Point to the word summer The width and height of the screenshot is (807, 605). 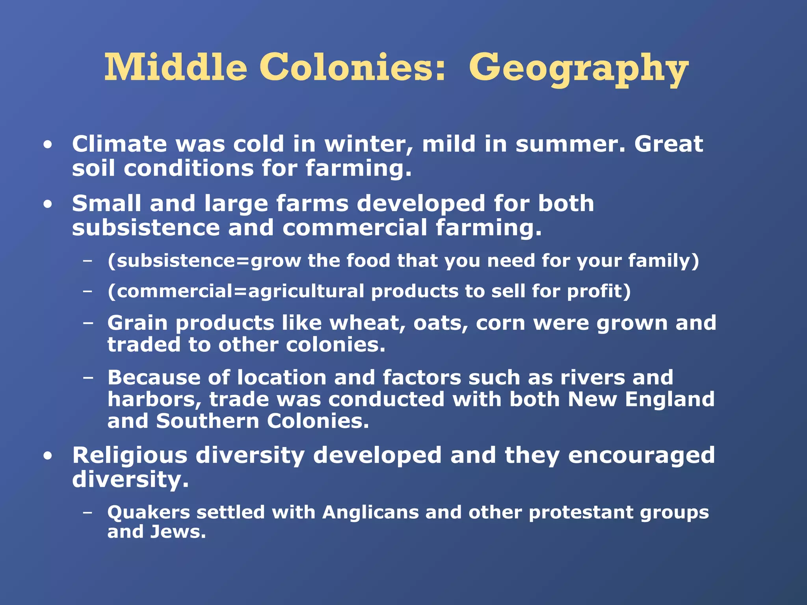pyautogui.click(x=570, y=145)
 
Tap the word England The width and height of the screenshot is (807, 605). pyautogui.click(x=669, y=400)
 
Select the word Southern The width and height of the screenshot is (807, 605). pyautogui.click(x=207, y=421)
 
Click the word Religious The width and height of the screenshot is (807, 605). pyautogui.click(x=130, y=456)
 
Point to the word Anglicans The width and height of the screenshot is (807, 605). pyautogui.click(x=370, y=513)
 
